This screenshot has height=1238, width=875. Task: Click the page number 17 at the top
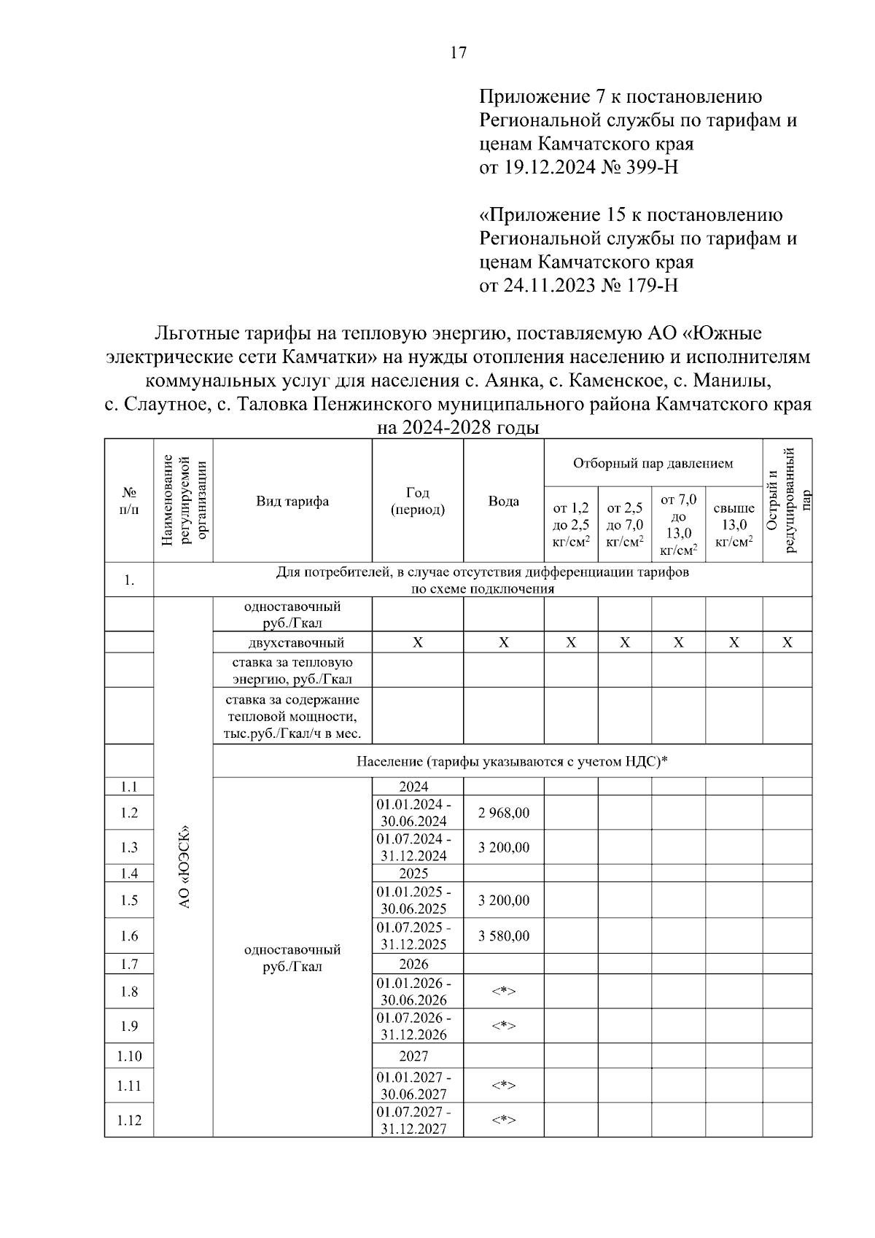click(x=458, y=52)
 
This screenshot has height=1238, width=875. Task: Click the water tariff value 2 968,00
click(x=503, y=812)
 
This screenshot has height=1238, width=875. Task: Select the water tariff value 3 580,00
click(x=503, y=935)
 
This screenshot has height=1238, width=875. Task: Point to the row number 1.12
click(x=129, y=1120)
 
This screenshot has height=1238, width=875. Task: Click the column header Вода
click(x=503, y=502)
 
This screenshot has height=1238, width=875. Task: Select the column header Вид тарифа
click(x=292, y=502)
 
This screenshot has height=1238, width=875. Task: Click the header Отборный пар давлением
click(x=653, y=464)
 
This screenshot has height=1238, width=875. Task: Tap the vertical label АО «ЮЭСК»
click(x=184, y=866)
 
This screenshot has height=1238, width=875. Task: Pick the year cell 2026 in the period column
click(x=413, y=964)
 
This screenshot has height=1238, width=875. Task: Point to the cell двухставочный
click(x=292, y=642)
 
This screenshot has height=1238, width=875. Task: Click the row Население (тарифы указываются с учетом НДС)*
click(x=512, y=761)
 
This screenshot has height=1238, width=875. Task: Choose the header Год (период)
click(x=417, y=502)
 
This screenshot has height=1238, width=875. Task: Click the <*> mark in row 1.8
click(x=503, y=992)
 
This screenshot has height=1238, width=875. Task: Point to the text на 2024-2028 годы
click(x=458, y=428)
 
